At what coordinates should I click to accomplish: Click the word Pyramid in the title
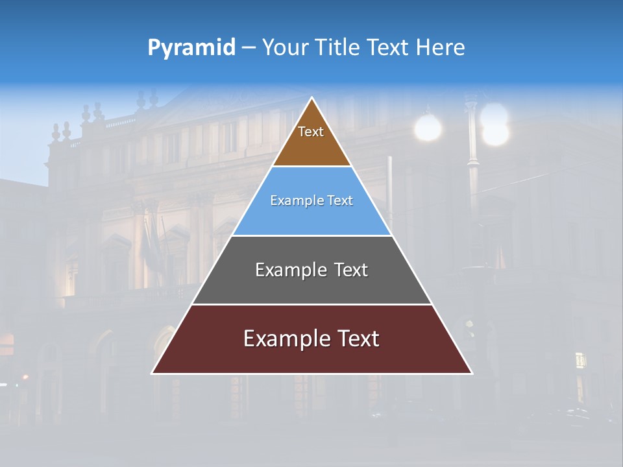tap(191, 48)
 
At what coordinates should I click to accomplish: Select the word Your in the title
tap(286, 48)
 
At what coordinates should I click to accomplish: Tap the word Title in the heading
tap(339, 48)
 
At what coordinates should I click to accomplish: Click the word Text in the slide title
tap(388, 48)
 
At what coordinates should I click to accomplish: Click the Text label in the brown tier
tap(311, 132)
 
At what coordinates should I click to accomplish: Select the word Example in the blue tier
tap(294, 201)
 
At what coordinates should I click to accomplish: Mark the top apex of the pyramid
tap(312, 98)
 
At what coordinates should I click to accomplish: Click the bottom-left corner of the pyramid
tap(153, 373)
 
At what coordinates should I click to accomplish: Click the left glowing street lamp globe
tap(428, 128)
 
